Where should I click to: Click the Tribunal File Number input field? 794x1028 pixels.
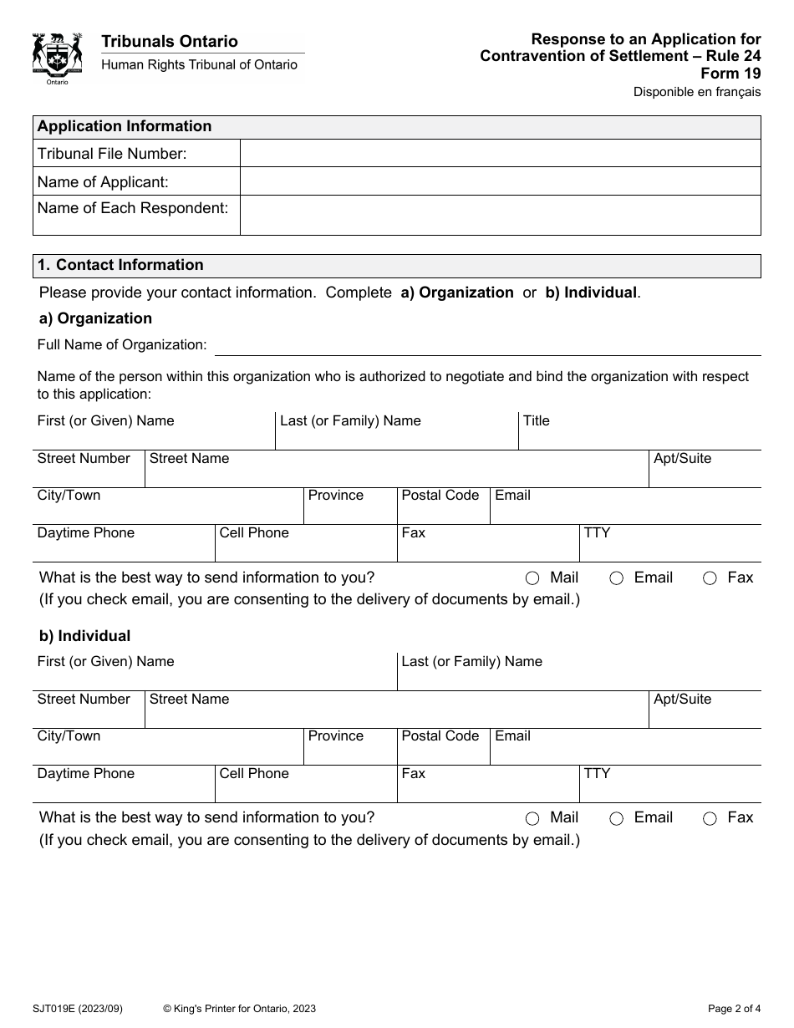(500, 154)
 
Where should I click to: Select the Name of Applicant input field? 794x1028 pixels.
(500, 181)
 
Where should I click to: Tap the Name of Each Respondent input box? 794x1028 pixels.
(500, 215)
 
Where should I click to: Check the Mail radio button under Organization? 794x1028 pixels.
(532, 578)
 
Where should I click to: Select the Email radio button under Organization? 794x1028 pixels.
(616, 578)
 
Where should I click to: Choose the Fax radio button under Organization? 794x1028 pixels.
(710, 578)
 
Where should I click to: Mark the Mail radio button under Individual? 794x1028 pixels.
(532, 819)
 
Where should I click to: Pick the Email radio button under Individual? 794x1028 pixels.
(616, 819)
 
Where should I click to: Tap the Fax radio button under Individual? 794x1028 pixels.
(710, 819)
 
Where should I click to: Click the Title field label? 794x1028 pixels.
(537, 421)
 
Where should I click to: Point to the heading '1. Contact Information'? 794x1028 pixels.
(121, 265)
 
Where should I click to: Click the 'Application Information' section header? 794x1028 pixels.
(125, 127)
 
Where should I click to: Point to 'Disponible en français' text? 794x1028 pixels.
(696, 92)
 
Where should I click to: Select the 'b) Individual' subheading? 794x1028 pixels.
(84, 636)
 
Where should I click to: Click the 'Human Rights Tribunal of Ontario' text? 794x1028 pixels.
(199, 65)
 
